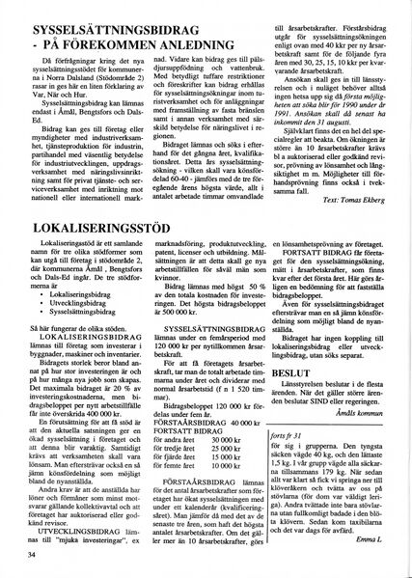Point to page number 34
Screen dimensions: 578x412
33,555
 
